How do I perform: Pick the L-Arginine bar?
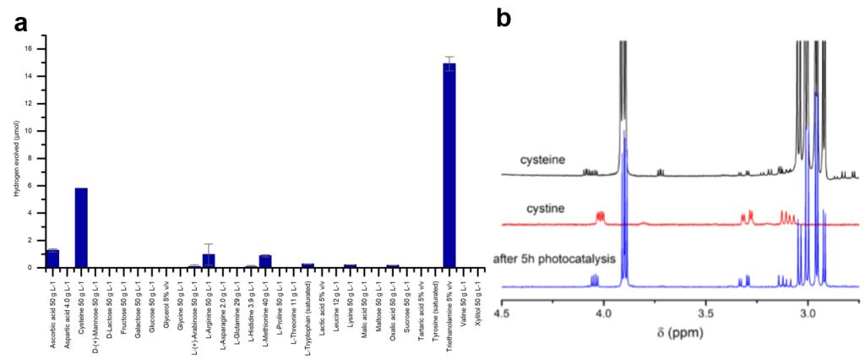[209, 260]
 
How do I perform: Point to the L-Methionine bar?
[265, 261]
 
